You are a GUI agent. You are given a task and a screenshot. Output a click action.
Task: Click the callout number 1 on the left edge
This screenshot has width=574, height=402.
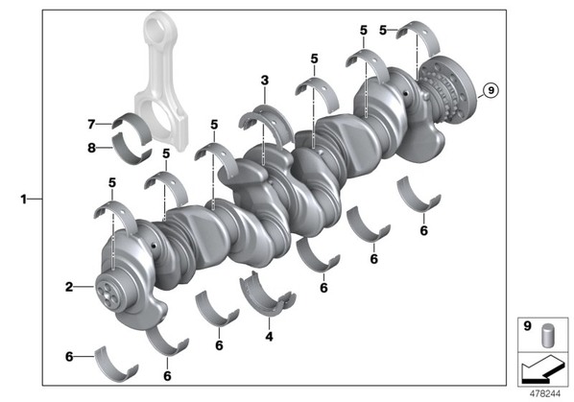tap(24, 200)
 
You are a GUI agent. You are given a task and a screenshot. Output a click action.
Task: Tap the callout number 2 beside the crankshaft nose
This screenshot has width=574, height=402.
tap(69, 287)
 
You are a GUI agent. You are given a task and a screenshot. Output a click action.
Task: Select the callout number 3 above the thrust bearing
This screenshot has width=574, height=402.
tap(265, 80)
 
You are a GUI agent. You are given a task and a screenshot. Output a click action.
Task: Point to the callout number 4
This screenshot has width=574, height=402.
tap(269, 336)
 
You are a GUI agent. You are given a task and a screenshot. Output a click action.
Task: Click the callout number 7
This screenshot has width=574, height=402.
tap(91, 125)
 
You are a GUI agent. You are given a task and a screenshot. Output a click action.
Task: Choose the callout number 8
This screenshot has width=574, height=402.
tap(91, 148)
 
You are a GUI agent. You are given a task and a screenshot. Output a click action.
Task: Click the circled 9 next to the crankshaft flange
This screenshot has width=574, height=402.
tap(490, 90)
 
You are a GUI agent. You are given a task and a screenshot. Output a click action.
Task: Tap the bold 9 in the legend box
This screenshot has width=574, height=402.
tap(527, 325)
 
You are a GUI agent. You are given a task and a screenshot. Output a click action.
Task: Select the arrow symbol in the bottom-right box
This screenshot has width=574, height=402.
tap(543, 369)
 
